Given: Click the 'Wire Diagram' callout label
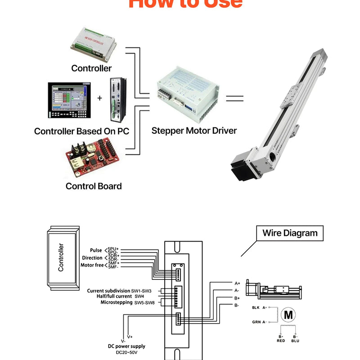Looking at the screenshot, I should [290, 233].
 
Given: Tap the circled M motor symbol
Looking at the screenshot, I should [287, 315].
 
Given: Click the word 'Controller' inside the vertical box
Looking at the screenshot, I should [61, 257].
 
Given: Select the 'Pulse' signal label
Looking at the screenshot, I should [96, 250].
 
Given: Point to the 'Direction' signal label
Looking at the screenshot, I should [92, 258].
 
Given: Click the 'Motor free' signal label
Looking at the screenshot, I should [92, 265].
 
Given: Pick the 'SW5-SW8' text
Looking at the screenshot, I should [144, 303].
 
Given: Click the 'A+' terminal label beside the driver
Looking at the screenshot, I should [237, 283].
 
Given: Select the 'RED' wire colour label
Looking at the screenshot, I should [281, 341].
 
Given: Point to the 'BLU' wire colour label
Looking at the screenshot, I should [295, 341].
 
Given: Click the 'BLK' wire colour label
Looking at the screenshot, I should [256, 307].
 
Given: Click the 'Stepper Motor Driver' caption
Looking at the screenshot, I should [194, 131].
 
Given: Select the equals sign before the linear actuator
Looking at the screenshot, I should [234, 99].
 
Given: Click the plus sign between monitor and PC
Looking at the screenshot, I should [99, 98].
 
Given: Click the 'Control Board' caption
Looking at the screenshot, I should [94, 186].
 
